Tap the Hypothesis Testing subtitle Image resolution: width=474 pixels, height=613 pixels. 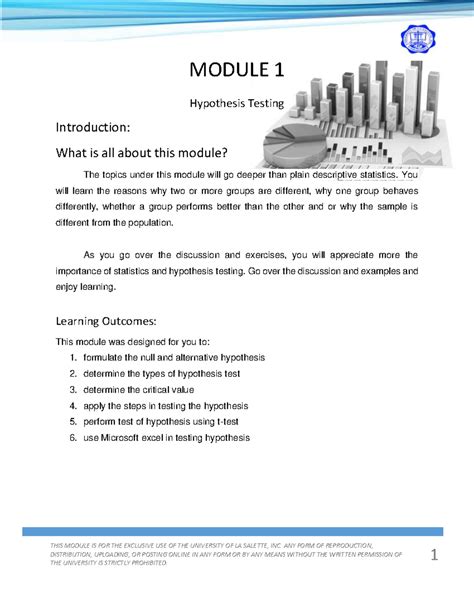pyautogui.click(x=237, y=103)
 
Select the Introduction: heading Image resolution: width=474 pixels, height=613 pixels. pyautogui.click(x=92, y=129)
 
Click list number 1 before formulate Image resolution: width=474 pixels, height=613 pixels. pyautogui.click(x=73, y=357)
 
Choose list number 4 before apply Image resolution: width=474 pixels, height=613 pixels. pyautogui.click(x=73, y=405)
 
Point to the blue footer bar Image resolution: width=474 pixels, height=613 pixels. pyautogui.click(x=237, y=532)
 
